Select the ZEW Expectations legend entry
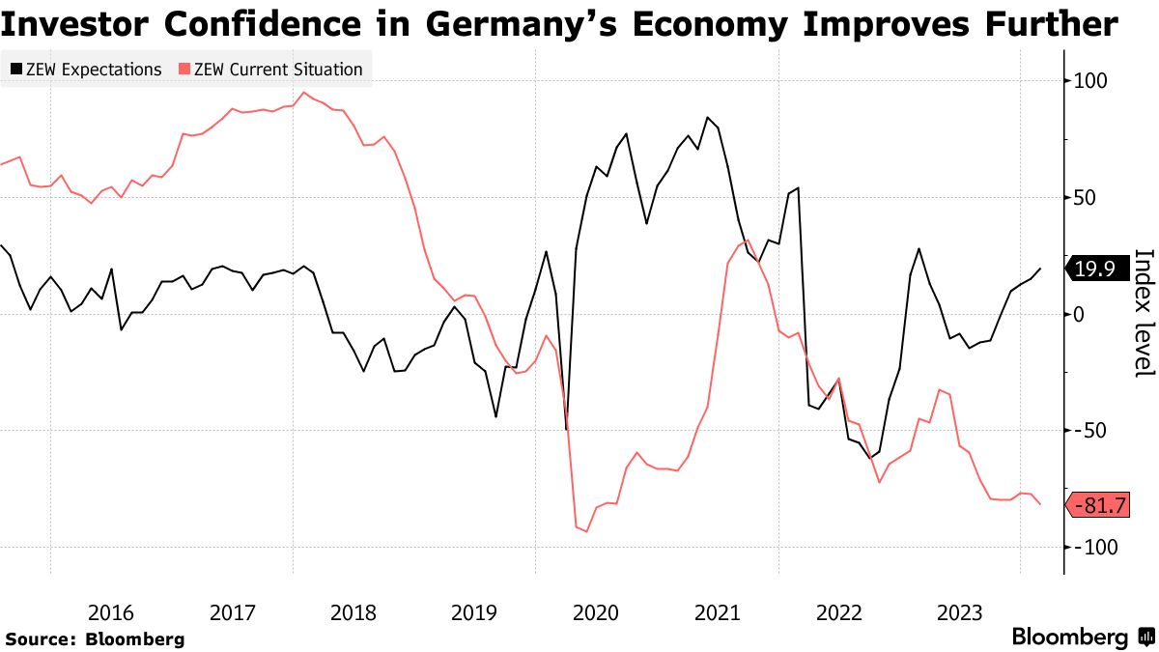coord(86,70)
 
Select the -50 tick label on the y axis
coord(1088,431)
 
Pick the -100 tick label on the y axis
coord(1093,547)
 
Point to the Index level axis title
coord(1144,314)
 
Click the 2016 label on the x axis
coord(110,612)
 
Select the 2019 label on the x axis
coord(475,612)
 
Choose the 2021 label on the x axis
coord(718,612)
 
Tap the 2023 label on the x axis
coord(960,612)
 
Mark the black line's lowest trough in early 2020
coord(566,429)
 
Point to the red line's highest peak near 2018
coord(304,93)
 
